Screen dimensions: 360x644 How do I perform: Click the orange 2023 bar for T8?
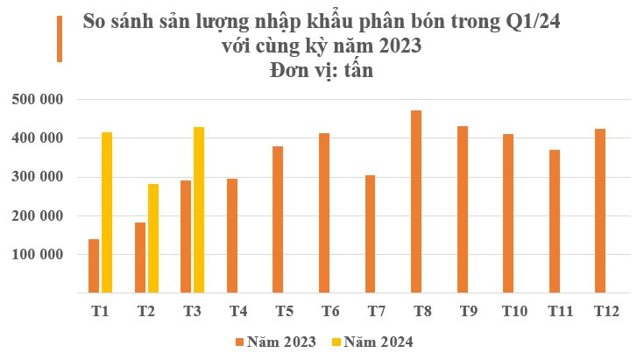pyautogui.click(x=416, y=202)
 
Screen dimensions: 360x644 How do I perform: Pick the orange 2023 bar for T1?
pyautogui.click(x=94, y=266)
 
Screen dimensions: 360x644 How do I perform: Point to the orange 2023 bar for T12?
pyautogui.click(x=600, y=211)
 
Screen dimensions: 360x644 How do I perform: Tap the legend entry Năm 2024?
pyautogui.click(x=372, y=342)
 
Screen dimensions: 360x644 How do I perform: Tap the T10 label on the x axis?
pyautogui.click(x=513, y=311)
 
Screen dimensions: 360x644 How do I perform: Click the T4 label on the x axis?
pyautogui.click(x=237, y=311)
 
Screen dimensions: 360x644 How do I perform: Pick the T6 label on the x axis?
pyautogui.click(x=329, y=311)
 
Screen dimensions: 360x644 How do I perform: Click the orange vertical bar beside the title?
pyautogui.click(x=60, y=39)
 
